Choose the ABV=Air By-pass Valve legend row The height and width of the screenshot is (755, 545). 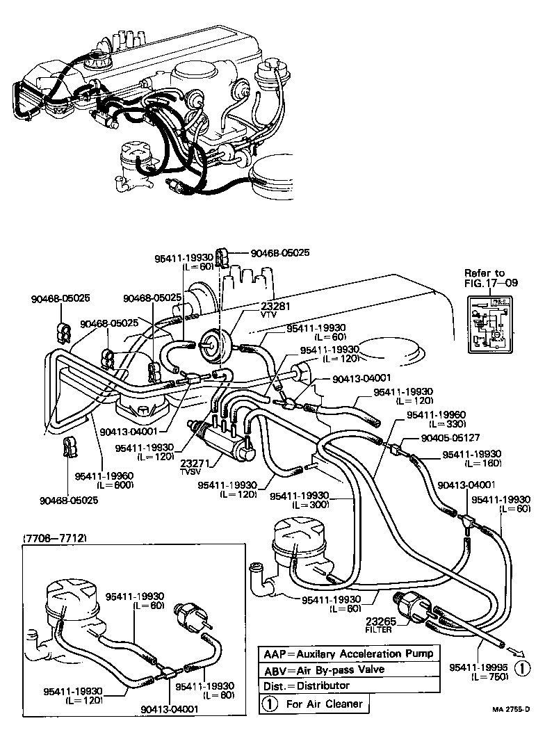pos(324,669)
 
